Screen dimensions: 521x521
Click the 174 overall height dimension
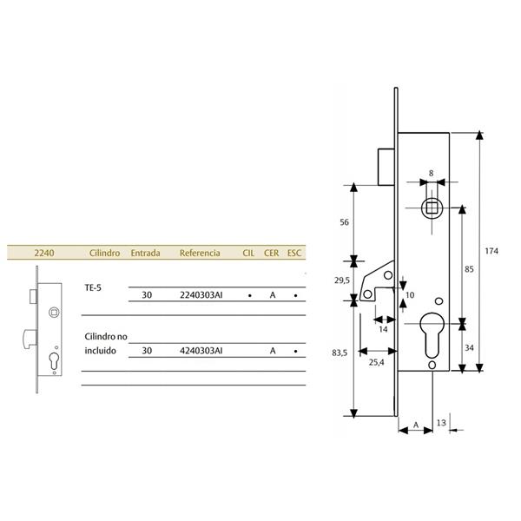coord(491,252)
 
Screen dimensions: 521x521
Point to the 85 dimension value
coord(468,270)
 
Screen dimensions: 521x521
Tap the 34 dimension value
coord(468,348)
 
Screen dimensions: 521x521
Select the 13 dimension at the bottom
coord(441,423)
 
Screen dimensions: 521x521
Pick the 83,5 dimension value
coord(340,354)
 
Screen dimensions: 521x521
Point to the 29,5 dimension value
coord(341,280)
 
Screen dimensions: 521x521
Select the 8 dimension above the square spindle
coord(432,174)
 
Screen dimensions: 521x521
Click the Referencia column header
coord(199,253)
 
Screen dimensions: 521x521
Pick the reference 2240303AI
coord(201,295)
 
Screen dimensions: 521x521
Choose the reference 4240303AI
coord(201,351)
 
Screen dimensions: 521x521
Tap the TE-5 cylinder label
coord(93,287)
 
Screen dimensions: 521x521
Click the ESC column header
coord(293,253)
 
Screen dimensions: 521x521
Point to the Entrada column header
coord(145,253)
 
